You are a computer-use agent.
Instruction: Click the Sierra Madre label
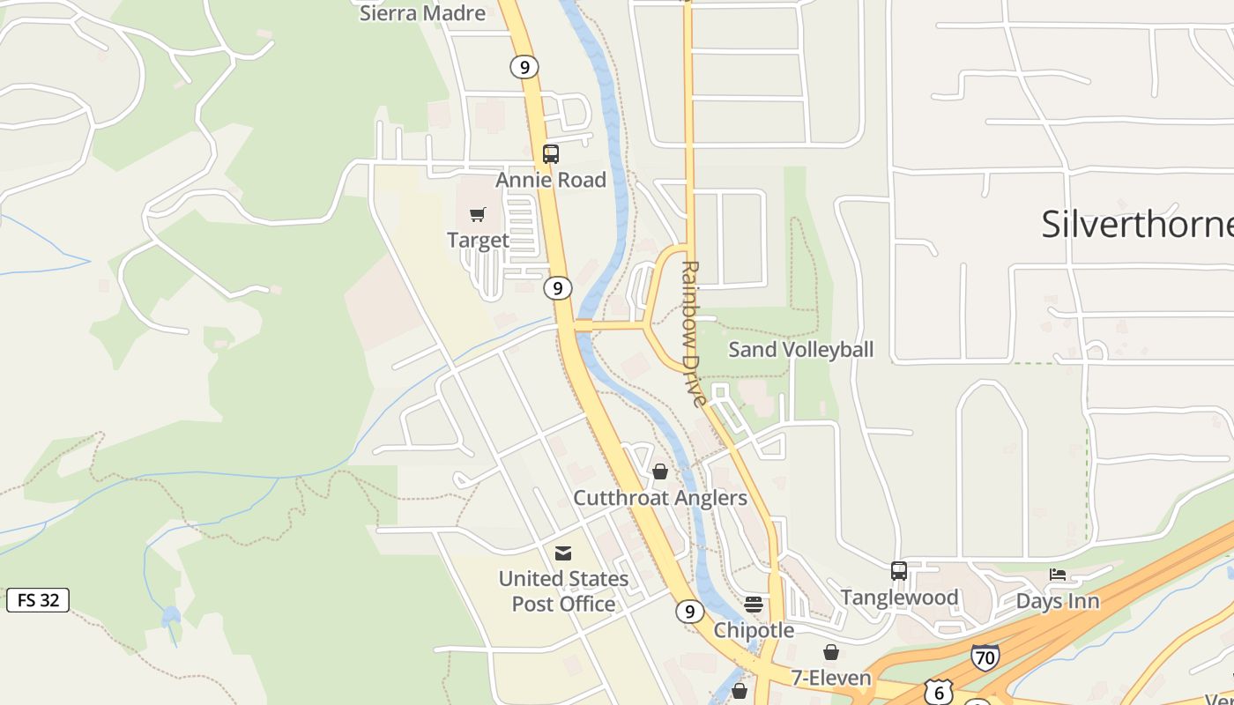tap(422, 13)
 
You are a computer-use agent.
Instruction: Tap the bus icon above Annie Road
tap(551, 154)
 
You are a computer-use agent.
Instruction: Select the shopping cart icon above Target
tap(478, 214)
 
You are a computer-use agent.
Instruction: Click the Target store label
tap(478, 240)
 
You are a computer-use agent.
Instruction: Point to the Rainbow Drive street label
tap(694, 333)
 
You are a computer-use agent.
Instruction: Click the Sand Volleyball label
tap(800, 349)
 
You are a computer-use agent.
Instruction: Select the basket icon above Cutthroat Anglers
tap(660, 471)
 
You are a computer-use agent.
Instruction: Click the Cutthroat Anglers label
tap(660, 498)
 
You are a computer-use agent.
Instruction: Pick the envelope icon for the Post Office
tap(563, 553)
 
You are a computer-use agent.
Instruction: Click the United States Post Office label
tap(563, 591)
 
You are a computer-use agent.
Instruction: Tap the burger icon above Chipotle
tap(754, 604)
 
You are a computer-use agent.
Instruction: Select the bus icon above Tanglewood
tap(899, 571)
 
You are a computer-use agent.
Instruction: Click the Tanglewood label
tap(899, 597)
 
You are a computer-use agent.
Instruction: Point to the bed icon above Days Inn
tap(1058, 575)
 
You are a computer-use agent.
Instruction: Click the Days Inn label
tap(1058, 601)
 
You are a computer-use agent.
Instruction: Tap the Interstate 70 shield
tap(985, 657)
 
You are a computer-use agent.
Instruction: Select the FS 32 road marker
tap(38, 600)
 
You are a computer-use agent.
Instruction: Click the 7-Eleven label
tap(830, 678)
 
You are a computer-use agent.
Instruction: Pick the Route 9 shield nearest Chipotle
tap(690, 611)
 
